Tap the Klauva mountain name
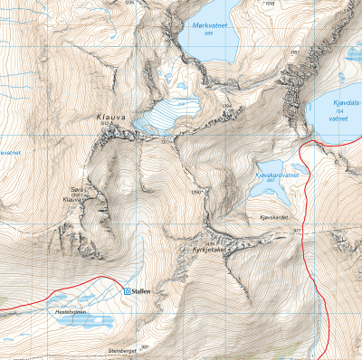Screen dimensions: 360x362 pos(110,118)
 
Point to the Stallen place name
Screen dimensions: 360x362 pos(141,292)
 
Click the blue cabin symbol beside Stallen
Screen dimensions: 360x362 pos(126,292)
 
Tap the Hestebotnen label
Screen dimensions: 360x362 pos(72,310)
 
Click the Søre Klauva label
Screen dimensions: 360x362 pos(77,193)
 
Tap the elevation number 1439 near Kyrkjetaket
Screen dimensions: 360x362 pos(211,242)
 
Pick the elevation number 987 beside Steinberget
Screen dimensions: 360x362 pos(145,346)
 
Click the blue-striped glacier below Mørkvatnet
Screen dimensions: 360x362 pos(167,116)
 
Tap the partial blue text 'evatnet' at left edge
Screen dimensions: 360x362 pos(10,153)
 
